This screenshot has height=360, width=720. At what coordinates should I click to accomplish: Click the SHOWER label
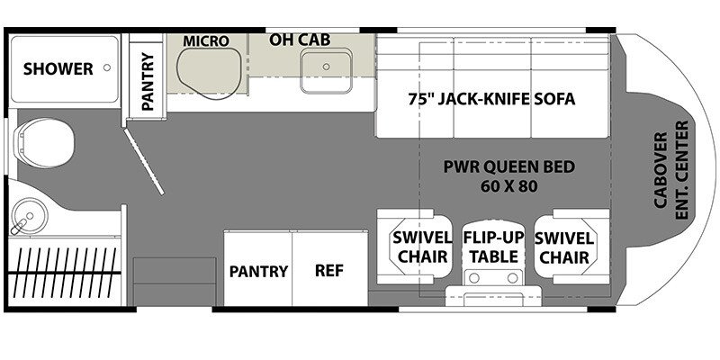(58, 68)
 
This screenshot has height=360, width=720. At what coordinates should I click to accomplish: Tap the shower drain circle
(107, 68)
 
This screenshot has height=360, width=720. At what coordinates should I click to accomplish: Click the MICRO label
(207, 41)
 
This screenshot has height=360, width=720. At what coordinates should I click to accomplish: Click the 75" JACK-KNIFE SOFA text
(491, 98)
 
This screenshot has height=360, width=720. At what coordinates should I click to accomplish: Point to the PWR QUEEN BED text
(509, 166)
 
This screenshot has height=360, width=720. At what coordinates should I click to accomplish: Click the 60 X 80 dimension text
(509, 186)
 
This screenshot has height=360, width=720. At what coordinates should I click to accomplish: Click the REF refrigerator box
(328, 270)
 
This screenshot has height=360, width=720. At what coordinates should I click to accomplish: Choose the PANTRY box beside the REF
(257, 270)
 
